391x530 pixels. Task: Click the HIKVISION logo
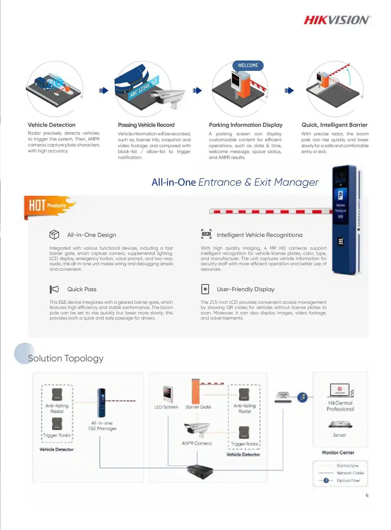click(x=337, y=20)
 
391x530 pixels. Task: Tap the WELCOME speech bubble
click(x=248, y=65)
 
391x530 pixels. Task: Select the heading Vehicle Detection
click(x=52, y=125)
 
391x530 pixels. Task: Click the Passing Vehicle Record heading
click(x=146, y=125)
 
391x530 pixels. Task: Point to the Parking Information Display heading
click(x=246, y=125)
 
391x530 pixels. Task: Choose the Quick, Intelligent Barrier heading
click(x=334, y=125)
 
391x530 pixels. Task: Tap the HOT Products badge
click(x=47, y=205)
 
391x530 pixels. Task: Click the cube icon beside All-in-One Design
click(x=54, y=235)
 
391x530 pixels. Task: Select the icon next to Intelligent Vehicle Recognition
click(x=206, y=234)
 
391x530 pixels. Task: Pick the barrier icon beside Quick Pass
click(x=54, y=289)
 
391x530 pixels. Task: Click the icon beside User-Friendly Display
click(x=205, y=289)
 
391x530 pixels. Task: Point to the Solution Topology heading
click(x=66, y=358)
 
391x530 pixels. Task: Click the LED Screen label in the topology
click(x=166, y=407)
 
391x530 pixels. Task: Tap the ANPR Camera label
click(x=197, y=443)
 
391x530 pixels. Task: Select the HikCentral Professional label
click(x=340, y=406)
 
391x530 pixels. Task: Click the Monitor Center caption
click(x=338, y=452)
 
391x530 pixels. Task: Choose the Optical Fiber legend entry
click(x=348, y=480)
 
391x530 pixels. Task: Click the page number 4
click(x=367, y=495)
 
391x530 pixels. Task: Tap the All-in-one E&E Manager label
click(x=102, y=426)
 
